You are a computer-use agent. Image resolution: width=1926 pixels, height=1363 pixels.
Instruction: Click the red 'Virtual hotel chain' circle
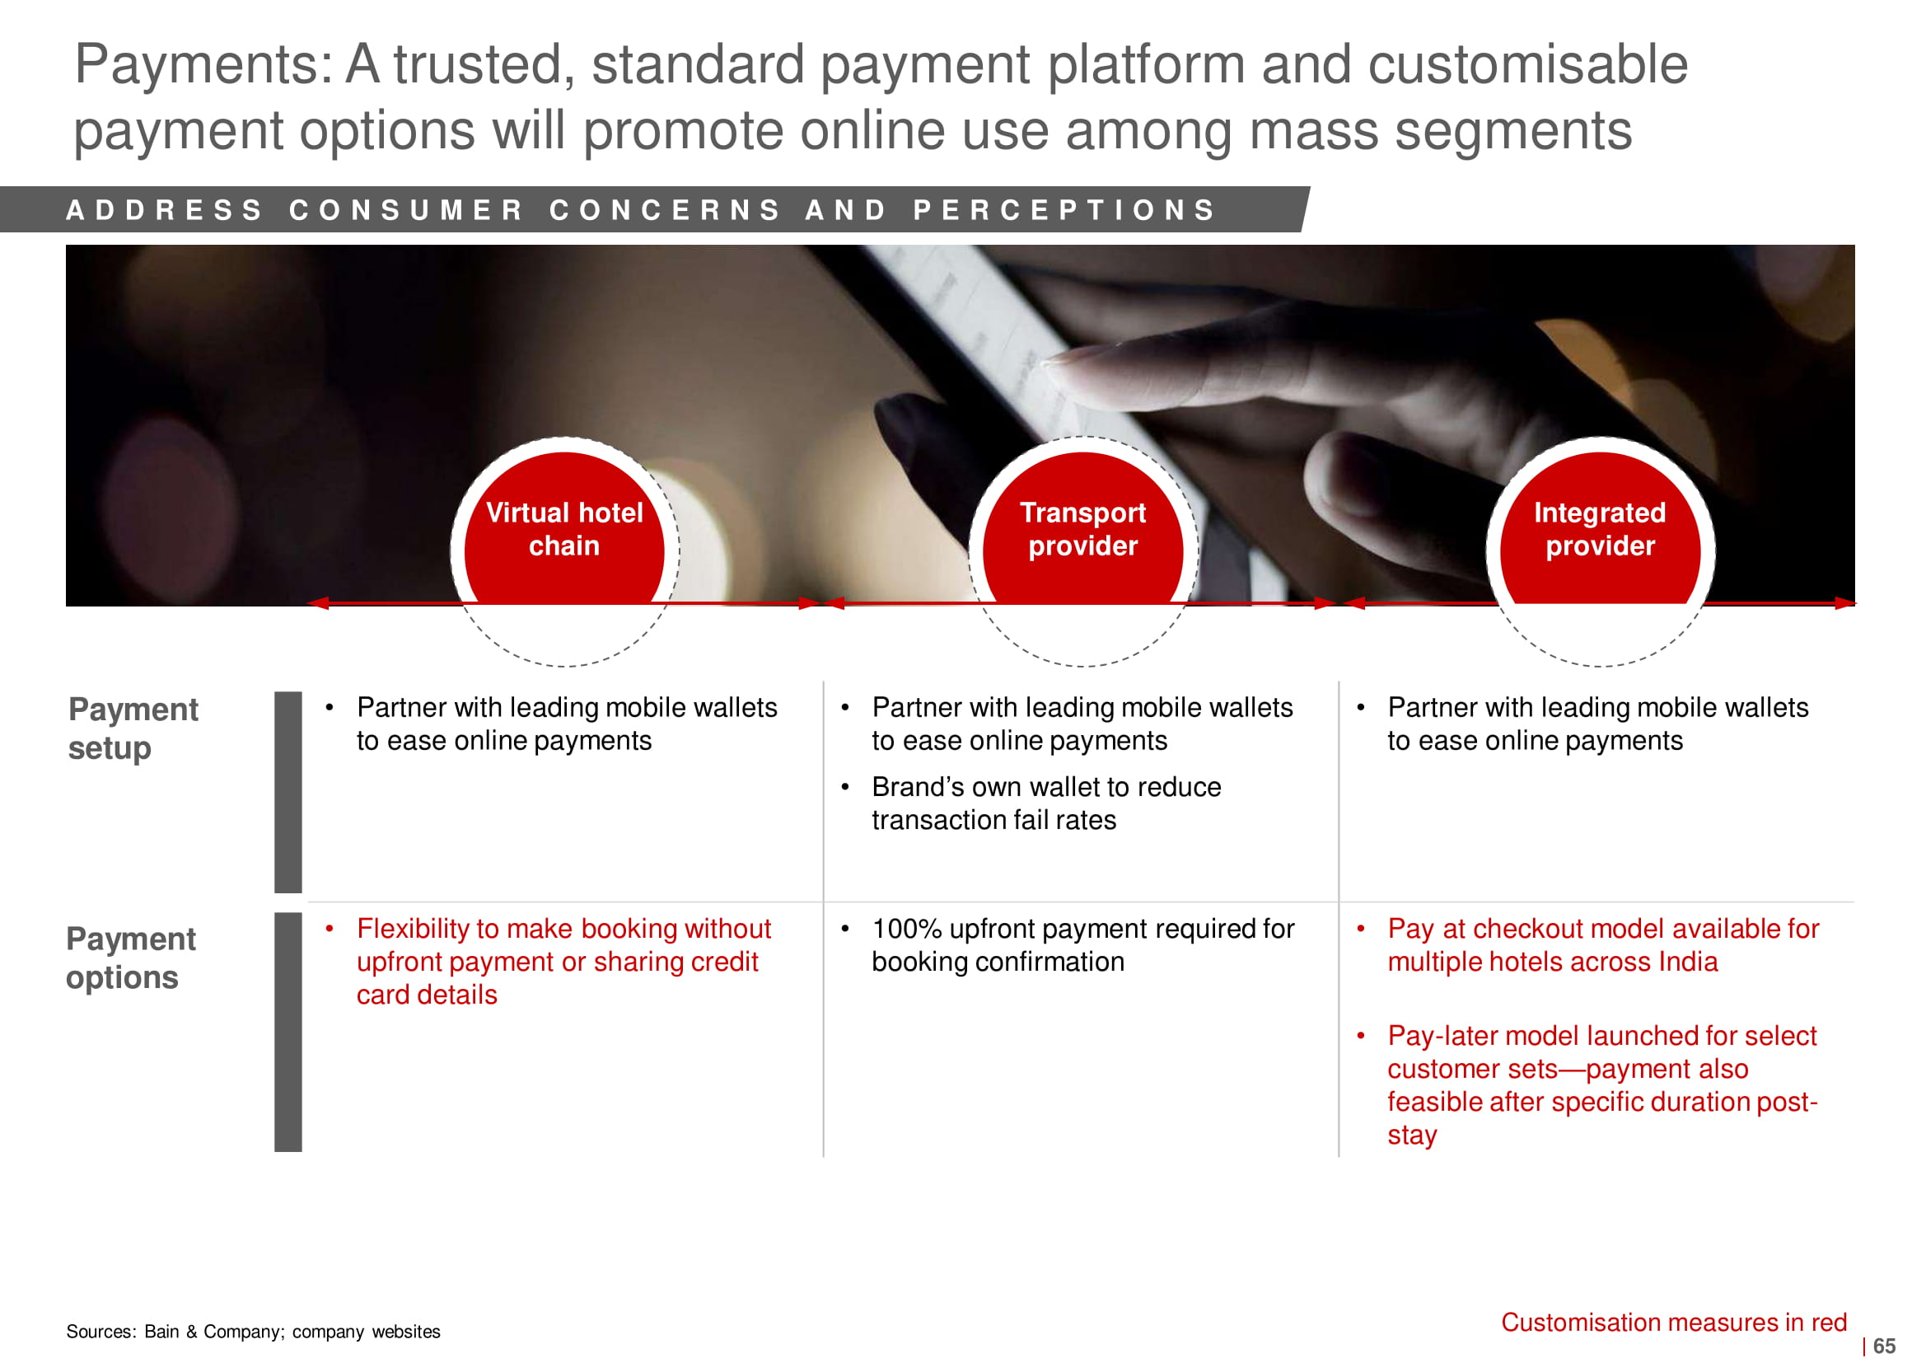point(564,529)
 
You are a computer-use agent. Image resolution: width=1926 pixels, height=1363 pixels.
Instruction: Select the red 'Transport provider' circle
point(1083,529)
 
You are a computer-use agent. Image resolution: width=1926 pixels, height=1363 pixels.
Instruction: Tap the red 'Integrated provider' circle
point(1601,529)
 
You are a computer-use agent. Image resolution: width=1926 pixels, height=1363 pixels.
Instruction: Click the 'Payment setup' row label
point(133,728)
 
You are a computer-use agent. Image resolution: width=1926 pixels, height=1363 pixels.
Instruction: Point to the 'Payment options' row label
point(131,958)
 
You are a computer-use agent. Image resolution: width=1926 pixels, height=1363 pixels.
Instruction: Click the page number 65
point(1884,1346)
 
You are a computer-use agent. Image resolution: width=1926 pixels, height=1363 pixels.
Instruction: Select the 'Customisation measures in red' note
point(1673,1322)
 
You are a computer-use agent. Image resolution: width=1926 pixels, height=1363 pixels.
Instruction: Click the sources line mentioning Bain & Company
point(254,1331)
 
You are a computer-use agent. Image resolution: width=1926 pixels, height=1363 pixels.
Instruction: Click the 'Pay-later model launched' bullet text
point(1602,1084)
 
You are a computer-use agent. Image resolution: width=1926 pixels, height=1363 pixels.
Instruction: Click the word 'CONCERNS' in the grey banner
point(666,210)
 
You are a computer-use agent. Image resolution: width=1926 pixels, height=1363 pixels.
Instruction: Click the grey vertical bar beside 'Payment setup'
point(287,792)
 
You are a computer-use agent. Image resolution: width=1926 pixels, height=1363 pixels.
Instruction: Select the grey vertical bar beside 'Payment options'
point(287,1032)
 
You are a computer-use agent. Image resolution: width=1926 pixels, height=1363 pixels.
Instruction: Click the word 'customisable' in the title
point(1528,63)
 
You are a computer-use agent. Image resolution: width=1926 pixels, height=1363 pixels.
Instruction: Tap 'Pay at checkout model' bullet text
point(1603,945)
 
